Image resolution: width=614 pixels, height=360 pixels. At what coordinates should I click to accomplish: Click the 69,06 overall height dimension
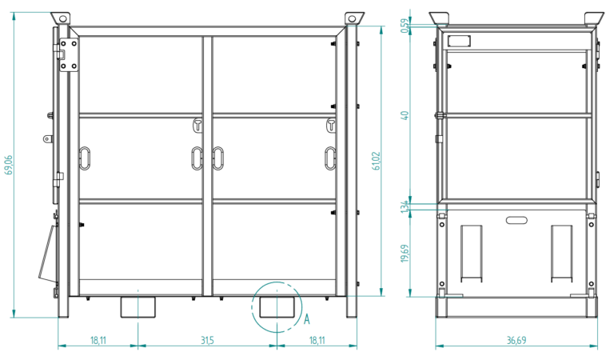click(x=9, y=165)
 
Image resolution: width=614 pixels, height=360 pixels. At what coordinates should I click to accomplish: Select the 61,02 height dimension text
click(x=376, y=161)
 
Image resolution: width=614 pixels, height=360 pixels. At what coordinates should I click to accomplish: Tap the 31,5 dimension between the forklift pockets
click(x=208, y=340)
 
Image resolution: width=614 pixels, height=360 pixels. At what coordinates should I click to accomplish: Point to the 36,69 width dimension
click(x=516, y=340)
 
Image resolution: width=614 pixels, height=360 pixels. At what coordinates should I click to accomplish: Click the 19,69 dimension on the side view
click(x=405, y=254)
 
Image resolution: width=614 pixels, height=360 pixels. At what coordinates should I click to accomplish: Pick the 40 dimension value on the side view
click(x=405, y=115)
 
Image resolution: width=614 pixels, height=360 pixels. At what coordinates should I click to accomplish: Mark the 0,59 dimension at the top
click(x=405, y=26)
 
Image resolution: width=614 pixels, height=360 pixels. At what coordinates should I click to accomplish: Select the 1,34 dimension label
click(x=405, y=206)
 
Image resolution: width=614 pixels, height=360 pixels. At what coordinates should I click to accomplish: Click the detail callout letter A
click(x=307, y=319)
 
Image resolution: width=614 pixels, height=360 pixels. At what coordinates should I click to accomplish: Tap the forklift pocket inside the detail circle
click(x=277, y=307)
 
